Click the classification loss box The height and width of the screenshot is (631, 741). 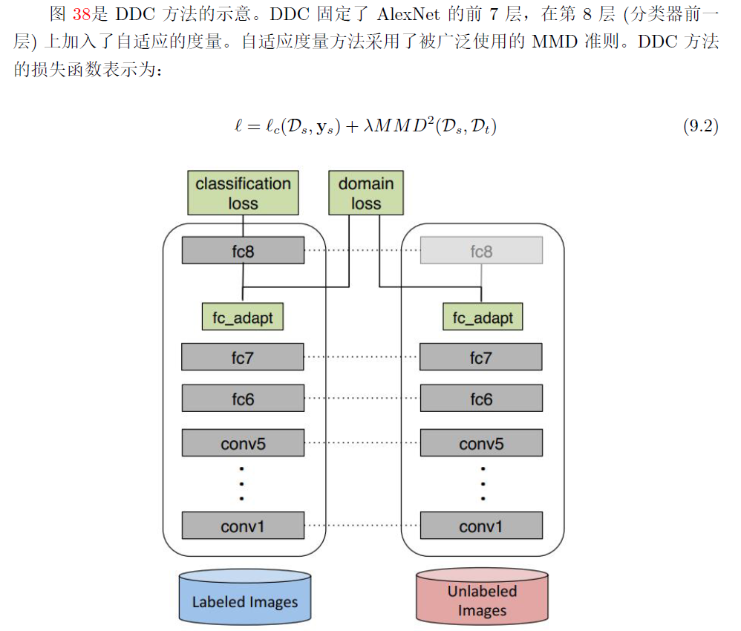coord(243,193)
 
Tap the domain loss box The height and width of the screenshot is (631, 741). coord(365,193)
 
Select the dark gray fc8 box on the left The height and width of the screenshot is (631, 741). coord(243,251)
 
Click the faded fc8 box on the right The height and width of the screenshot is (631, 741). coord(481,251)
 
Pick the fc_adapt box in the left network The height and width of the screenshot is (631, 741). coord(243,318)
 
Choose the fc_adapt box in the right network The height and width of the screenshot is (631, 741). coord(483,318)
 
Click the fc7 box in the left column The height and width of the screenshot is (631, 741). coord(243,358)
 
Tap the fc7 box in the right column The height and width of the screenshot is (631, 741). coord(481,358)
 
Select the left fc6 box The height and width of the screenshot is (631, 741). coord(243,399)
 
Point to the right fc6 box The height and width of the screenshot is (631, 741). coord(481,399)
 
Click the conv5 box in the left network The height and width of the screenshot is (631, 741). coord(243,444)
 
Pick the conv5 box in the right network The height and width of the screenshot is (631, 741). coord(481,444)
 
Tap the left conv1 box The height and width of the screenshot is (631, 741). coord(243,526)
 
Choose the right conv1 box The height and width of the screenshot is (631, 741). coord(481,526)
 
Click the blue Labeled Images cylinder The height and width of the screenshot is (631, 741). coord(244,597)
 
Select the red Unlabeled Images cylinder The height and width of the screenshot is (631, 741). coord(482,597)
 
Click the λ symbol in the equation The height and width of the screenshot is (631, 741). coord(369,127)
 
